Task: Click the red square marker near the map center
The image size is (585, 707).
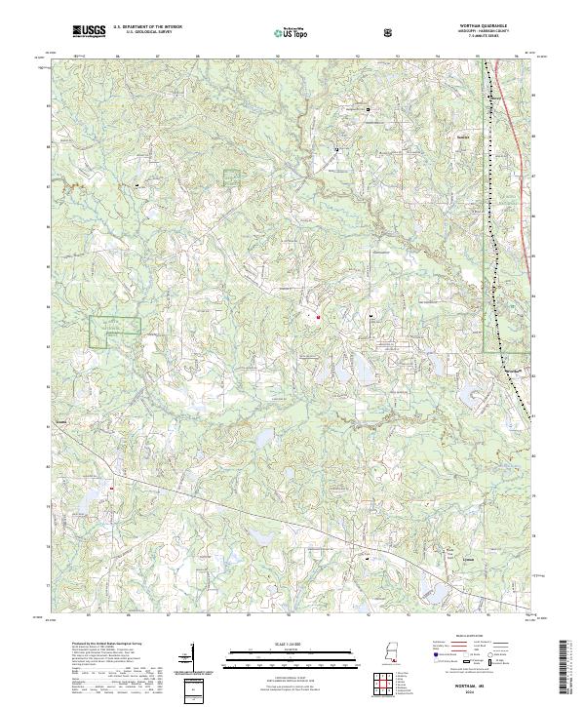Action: coord(319,314)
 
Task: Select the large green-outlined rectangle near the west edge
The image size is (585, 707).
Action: coord(116,332)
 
